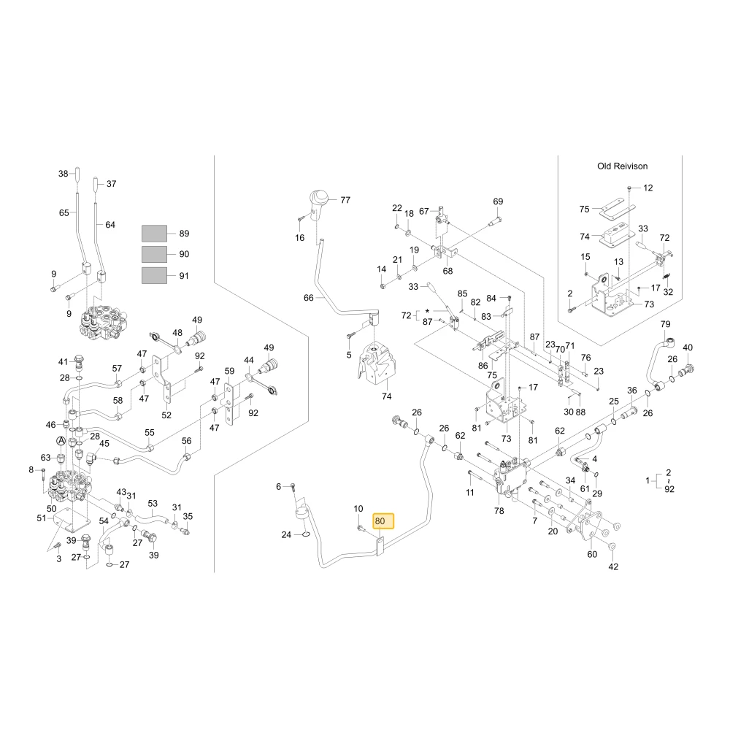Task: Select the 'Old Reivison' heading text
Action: pyautogui.click(x=622, y=166)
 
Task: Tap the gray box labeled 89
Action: pyautogui.click(x=154, y=234)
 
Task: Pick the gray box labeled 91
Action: pyautogui.click(x=154, y=276)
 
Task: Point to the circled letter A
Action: pyautogui.click(x=61, y=440)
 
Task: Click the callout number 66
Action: pyautogui.click(x=309, y=298)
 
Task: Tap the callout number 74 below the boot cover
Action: pyautogui.click(x=386, y=396)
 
